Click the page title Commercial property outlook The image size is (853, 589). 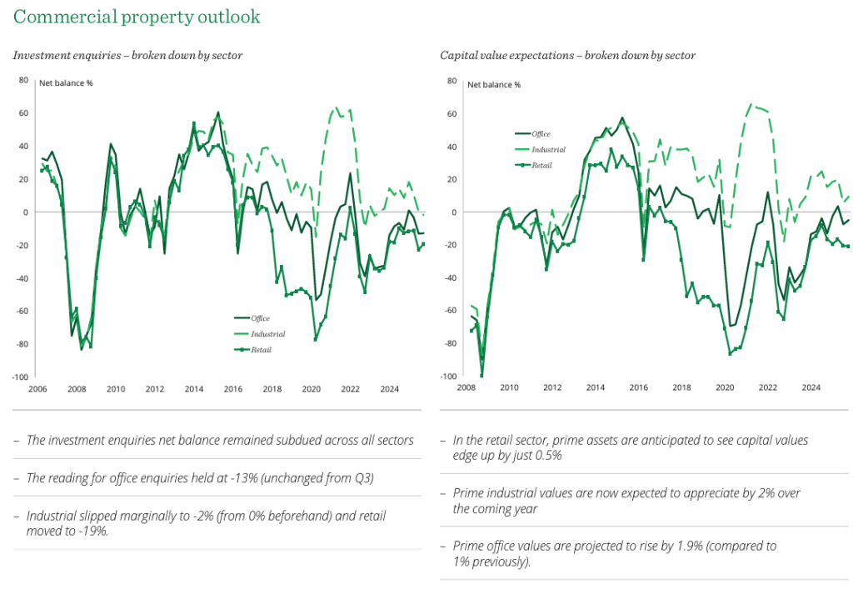point(137,17)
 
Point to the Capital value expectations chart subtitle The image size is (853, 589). point(567,56)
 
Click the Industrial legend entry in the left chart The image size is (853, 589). point(267,334)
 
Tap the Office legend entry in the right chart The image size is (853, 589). point(541,133)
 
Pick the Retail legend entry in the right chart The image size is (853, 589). point(541,165)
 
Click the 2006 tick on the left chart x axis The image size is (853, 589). point(37,389)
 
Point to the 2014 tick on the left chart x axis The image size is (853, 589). point(193,389)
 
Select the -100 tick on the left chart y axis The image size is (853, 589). point(20,377)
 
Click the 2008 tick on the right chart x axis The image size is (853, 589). point(466,387)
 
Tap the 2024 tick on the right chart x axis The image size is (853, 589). point(811,387)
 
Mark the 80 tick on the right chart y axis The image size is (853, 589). point(451,81)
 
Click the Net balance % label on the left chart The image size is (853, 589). point(67,83)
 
